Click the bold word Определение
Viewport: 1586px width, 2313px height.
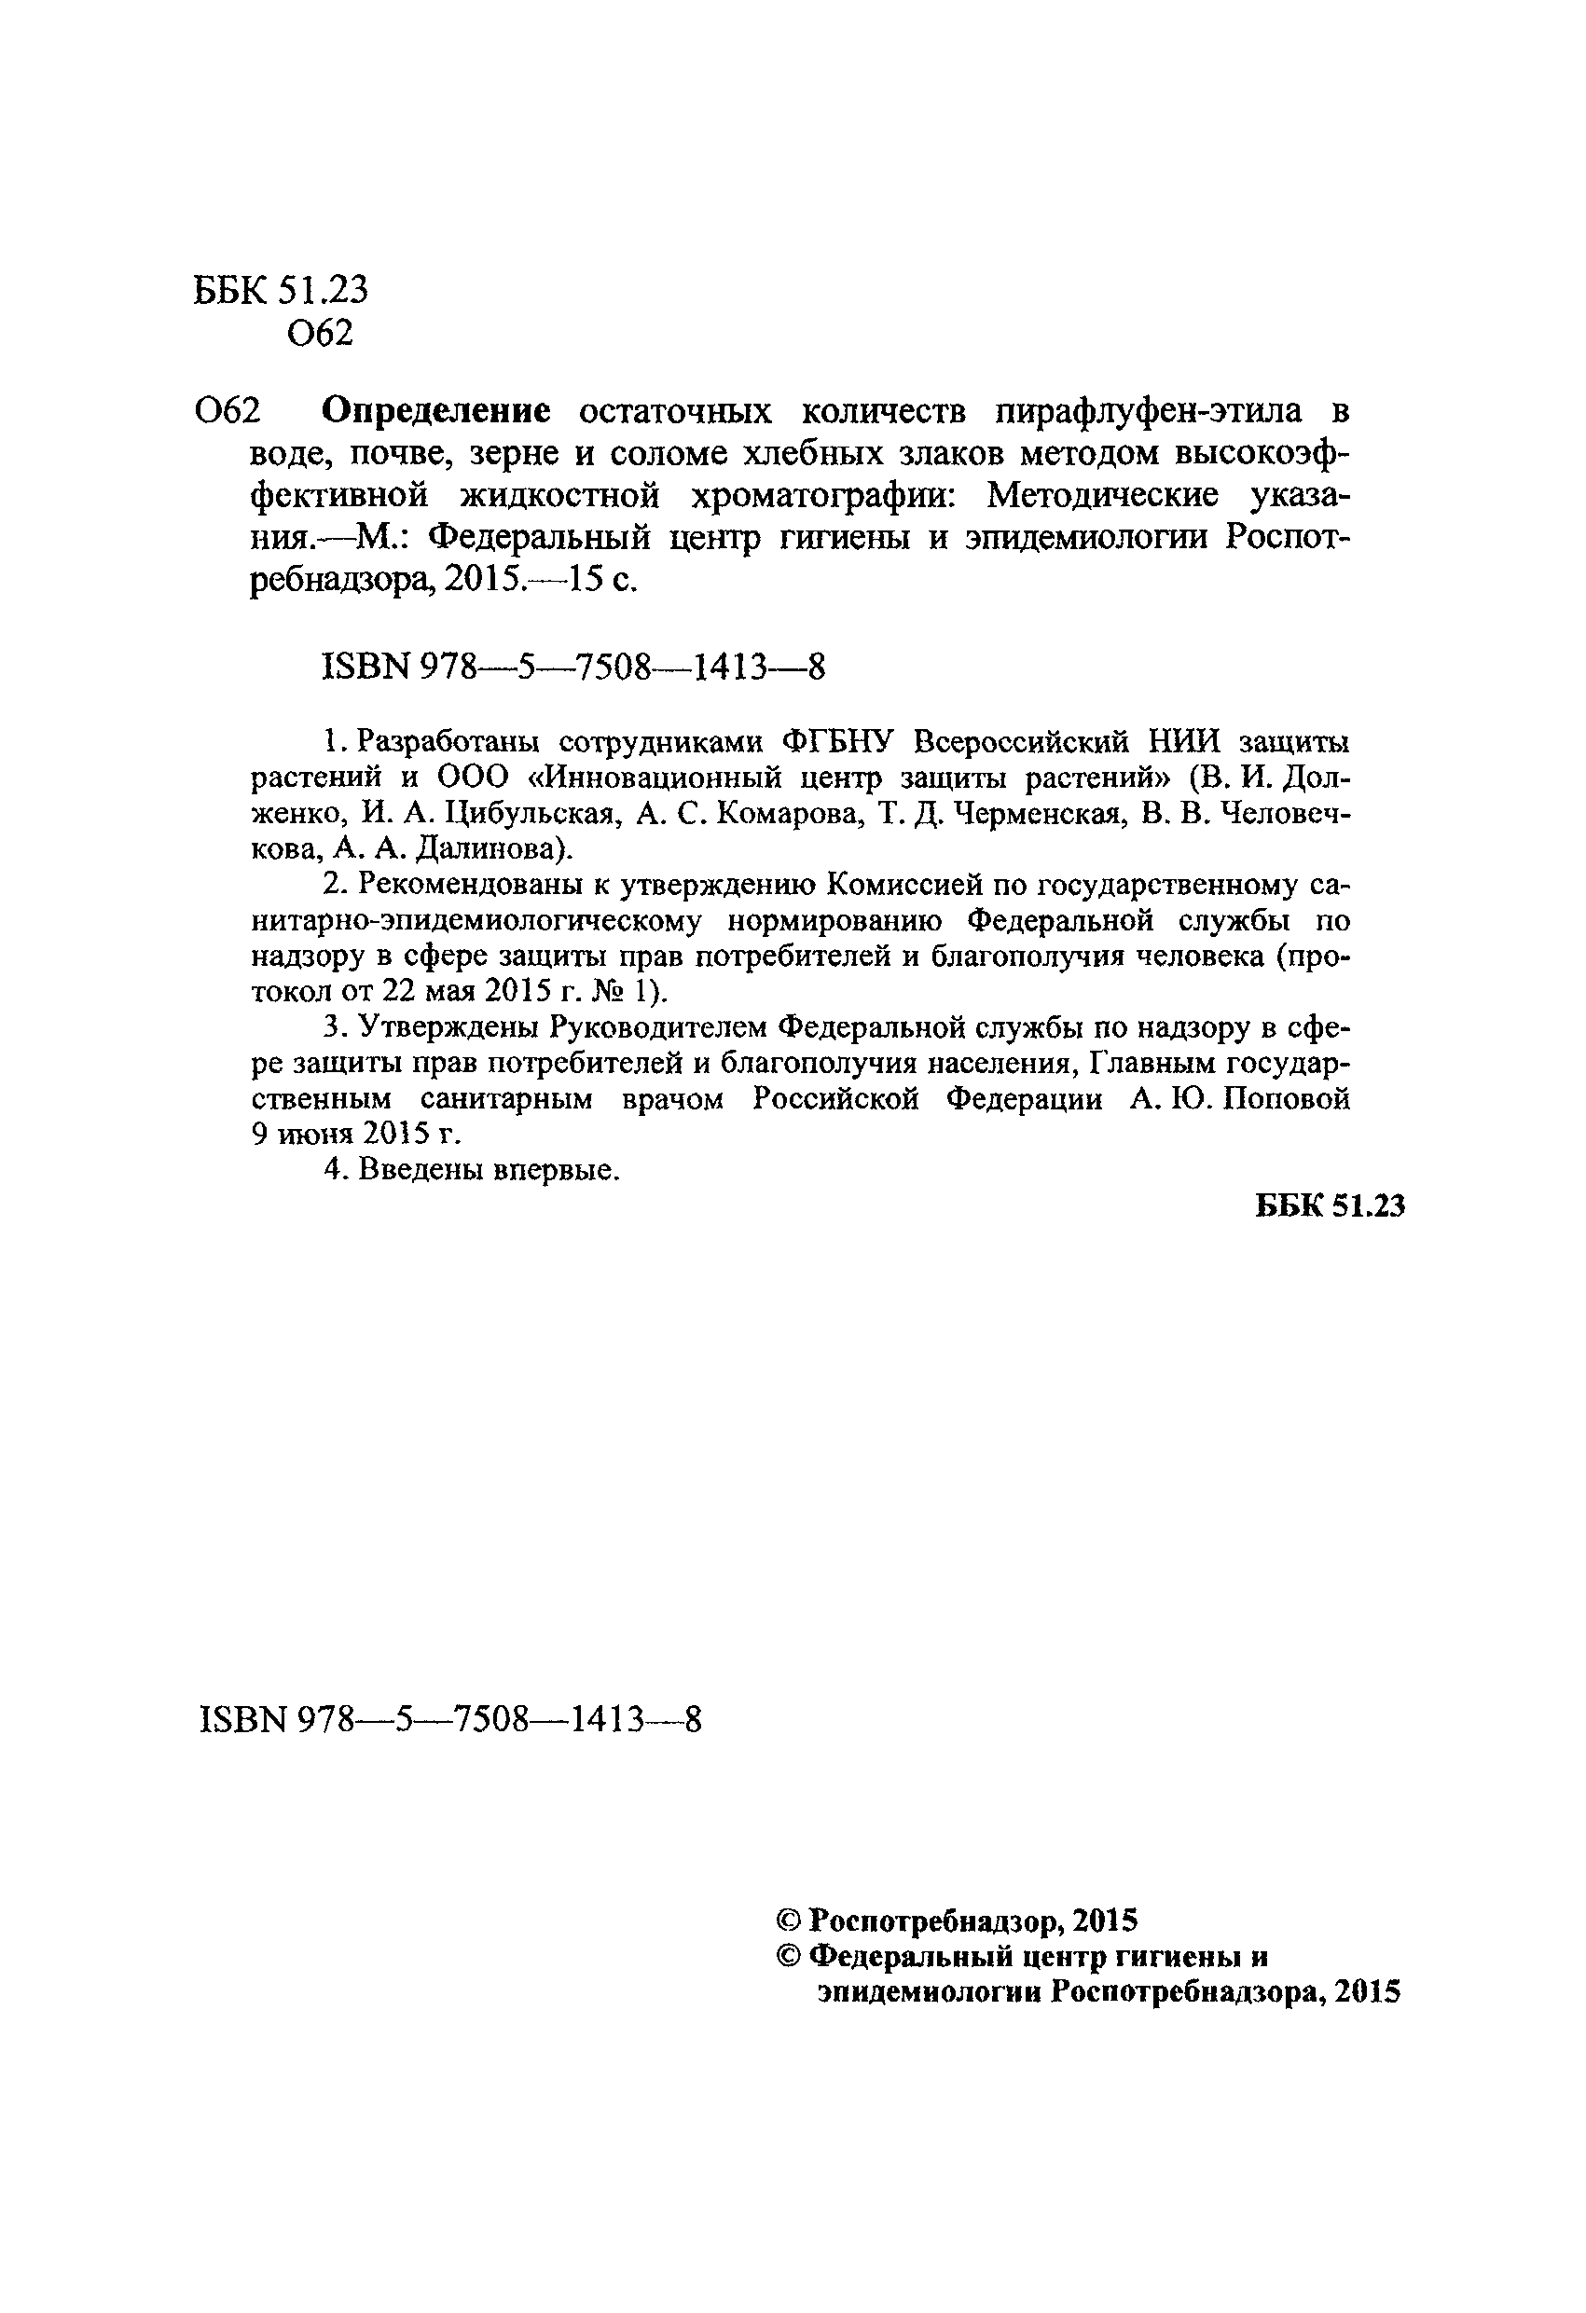(x=437, y=410)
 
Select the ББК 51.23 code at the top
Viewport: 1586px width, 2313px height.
(x=281, y=290)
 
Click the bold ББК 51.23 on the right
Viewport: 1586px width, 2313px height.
(x=1330, y=1205)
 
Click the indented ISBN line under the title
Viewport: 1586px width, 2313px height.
(x=573, y=667)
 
